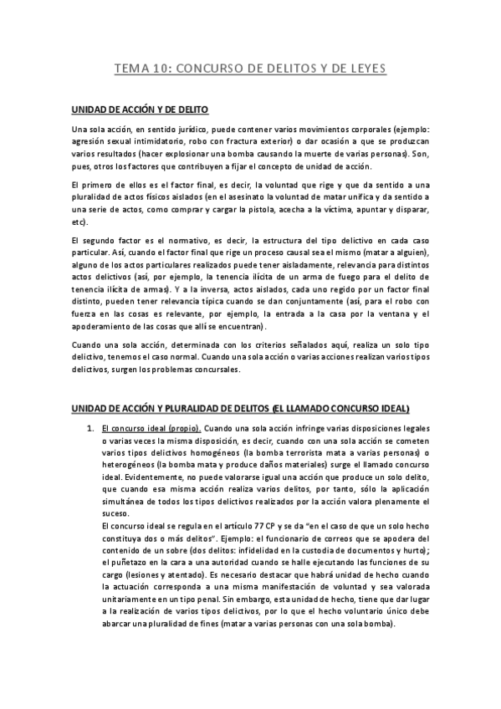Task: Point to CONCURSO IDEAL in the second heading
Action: [x=368, y=409]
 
